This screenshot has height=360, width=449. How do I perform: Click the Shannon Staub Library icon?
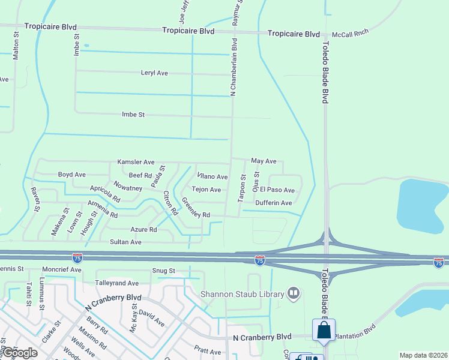(294, 293)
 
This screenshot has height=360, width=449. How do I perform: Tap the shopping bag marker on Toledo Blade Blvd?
(324, 331)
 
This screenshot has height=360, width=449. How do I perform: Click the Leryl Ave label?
(154, 73)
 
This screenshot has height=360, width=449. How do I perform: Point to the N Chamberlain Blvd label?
(234, 67)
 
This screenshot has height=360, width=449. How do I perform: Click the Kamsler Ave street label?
(136, 162)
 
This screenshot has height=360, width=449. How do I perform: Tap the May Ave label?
(264, 161)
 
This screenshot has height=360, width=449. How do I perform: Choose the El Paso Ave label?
(277, 190)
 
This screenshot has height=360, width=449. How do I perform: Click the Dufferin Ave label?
(273, 203)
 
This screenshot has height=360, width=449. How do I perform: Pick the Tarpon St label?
(243, 188)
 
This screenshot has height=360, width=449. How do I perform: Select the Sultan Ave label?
(125, 242)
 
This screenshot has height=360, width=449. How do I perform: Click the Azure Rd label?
(143, 229)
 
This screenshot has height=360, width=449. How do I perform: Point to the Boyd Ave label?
(71, 175)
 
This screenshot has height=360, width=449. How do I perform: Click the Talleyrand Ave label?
(116, 283)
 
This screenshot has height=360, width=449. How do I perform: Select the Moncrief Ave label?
(62, 270)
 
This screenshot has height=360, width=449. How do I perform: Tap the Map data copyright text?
(423, 355)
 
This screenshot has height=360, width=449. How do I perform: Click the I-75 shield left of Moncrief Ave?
(77, 258)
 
